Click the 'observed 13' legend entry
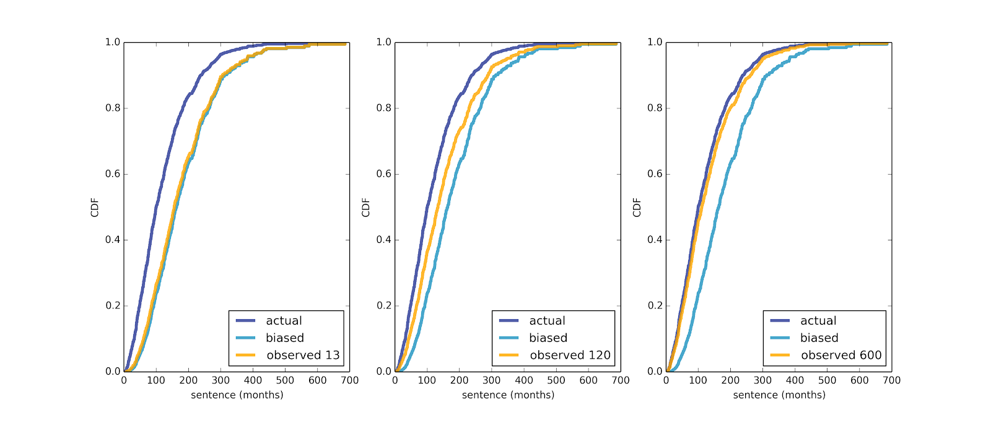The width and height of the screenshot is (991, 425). coord(303,355)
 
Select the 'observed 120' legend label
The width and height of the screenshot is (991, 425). coord(570,355)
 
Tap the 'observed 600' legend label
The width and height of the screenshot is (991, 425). coord(841,355)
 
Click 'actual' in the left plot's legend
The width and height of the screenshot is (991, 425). coord(284,321)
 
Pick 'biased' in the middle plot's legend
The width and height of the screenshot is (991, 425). coord(548,338)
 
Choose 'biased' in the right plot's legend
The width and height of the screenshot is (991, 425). coord(819,338)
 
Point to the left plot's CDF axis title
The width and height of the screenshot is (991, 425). coord(95,208)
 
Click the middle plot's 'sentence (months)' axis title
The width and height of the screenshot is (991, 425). coord(508,395)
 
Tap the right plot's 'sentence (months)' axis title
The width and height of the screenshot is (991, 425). coord(779,395)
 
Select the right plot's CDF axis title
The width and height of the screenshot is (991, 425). coord(637,208)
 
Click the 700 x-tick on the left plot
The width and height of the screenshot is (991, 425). coord(350,380)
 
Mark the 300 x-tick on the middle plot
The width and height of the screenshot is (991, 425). coord(492,380)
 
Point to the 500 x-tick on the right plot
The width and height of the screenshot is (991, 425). coord(827,380)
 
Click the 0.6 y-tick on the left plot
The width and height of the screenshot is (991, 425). coord(113,174)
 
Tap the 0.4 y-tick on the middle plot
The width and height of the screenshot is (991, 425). coord(384,240)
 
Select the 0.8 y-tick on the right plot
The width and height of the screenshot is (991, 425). coord(655,108)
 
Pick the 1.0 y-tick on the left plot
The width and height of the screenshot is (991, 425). coord(113,42)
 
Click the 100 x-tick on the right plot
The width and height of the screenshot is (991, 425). coord(698,380)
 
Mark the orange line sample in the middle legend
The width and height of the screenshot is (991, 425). coord(510,355)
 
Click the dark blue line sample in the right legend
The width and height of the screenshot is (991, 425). coord(780,321)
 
